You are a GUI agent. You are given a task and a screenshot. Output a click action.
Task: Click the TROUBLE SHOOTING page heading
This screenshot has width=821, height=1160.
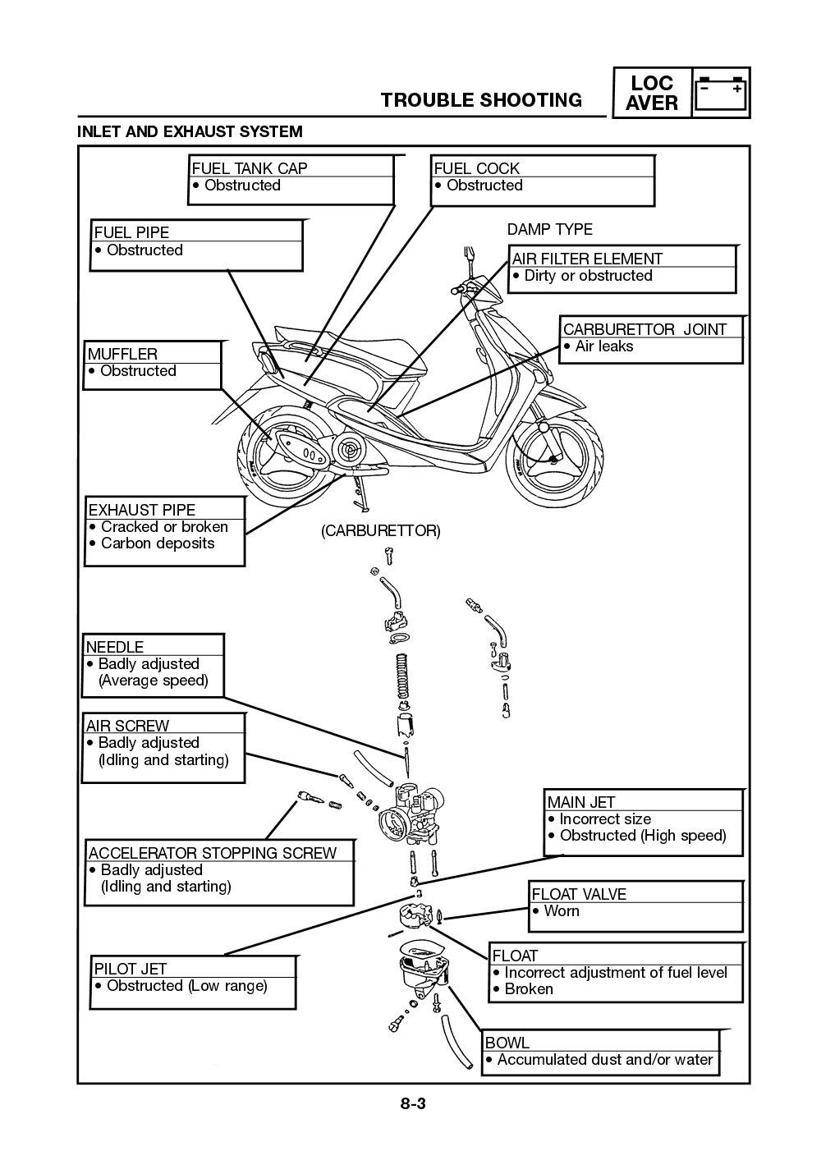click(481, 100)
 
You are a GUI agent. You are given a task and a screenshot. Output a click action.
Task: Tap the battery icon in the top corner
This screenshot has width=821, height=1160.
click(721, 92)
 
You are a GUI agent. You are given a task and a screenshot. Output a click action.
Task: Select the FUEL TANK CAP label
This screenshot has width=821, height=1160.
click(250, 168)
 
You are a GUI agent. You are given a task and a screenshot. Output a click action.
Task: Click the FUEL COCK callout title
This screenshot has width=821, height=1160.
click(476, 168)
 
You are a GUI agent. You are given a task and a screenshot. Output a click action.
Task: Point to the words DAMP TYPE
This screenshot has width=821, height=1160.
click(549, 229)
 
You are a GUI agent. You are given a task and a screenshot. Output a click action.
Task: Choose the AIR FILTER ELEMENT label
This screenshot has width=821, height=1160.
click(587, 259)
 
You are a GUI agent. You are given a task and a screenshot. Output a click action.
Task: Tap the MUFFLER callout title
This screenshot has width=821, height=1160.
click(122, 354)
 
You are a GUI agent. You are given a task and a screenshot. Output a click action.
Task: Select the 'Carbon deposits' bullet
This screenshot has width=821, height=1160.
click(157, 543)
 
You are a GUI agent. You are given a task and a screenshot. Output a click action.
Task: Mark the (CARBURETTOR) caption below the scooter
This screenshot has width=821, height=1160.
click(380, 531)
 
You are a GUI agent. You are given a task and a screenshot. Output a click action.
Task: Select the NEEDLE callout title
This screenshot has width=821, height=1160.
click(115, 647)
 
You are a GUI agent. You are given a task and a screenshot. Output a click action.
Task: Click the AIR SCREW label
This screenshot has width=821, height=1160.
click(127, 726)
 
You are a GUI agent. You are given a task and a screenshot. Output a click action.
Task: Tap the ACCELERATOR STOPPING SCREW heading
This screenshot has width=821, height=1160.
click(212, 853)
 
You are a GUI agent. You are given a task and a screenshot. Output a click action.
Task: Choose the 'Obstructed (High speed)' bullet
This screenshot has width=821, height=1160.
click(642, 836)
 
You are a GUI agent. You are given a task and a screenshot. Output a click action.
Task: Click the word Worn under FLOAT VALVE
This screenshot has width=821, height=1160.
click(562, 911)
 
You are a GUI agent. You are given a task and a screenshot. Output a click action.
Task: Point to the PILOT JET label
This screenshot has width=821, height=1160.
click(130, 969)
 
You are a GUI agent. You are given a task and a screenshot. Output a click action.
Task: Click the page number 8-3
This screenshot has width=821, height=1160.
click(413, 1103)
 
